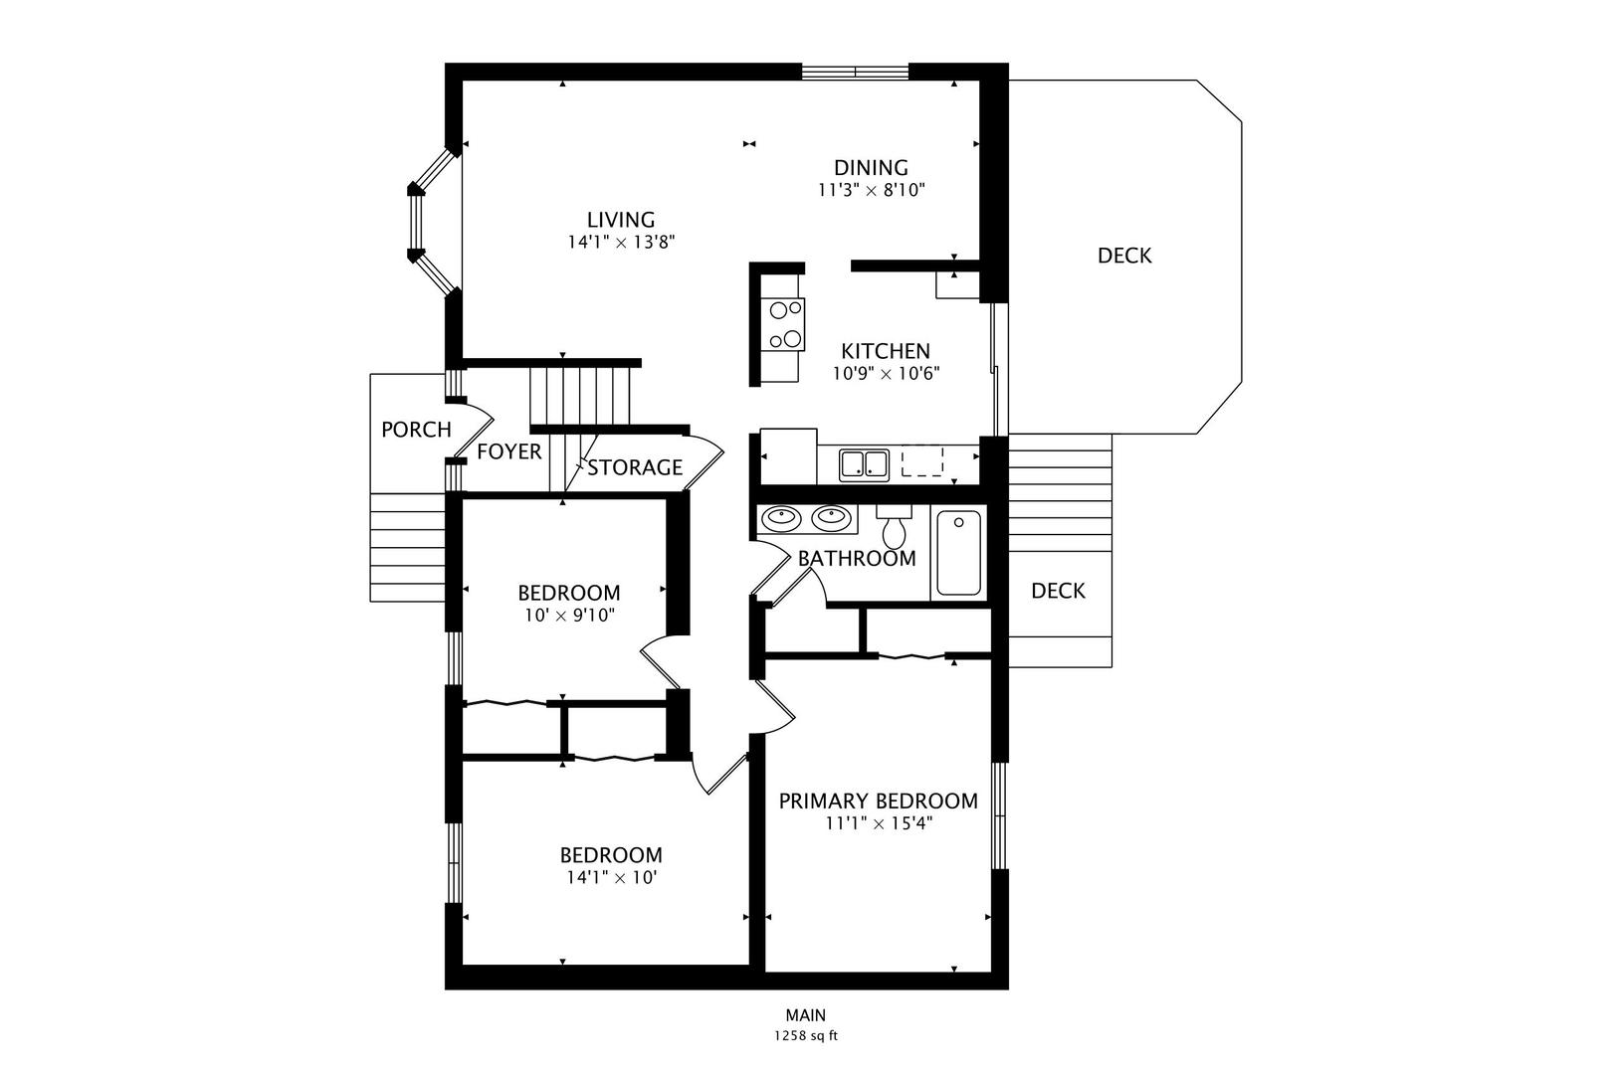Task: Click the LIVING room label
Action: pos(620,220)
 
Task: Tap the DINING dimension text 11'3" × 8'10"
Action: pos(871,191)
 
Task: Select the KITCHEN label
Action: pos(886,351)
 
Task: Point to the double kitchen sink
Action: pos(864,464)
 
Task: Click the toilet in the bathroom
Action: pos(894,526)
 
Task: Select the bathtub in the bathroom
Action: pos(958,553)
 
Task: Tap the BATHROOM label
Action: pos(857,558)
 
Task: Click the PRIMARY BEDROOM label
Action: pos(878,801)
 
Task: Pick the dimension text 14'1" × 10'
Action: pos(611,878)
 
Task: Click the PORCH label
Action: pos(416,430)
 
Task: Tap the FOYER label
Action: pos(508,451)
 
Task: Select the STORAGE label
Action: pos(635,467)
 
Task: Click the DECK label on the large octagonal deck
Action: pos(1124,256)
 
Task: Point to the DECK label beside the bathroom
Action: pos(1058,591)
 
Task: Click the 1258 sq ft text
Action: pos(805,1036)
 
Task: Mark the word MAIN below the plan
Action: pos(805,1015)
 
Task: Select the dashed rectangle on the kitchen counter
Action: pos(921,461)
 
